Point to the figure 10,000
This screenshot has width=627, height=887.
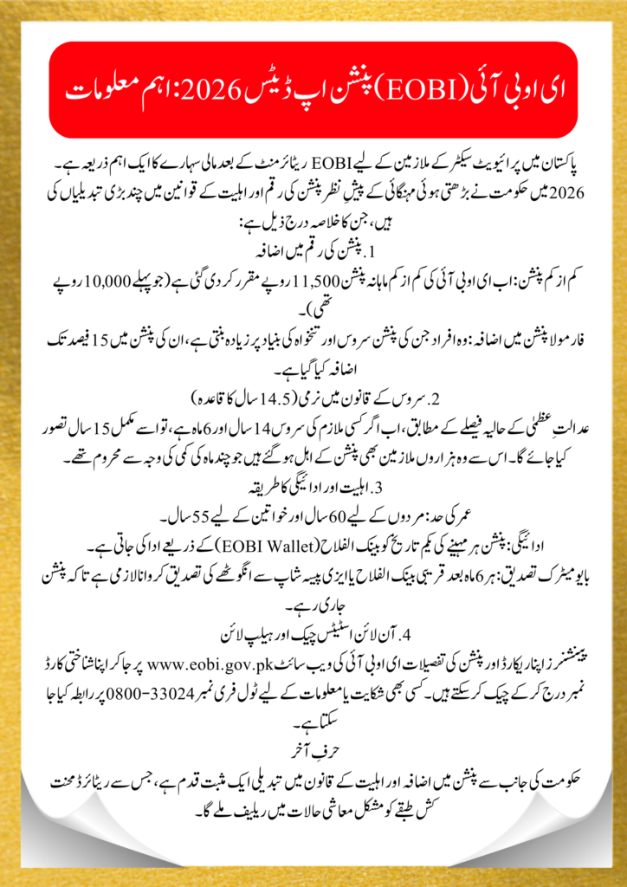click(121, 286)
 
